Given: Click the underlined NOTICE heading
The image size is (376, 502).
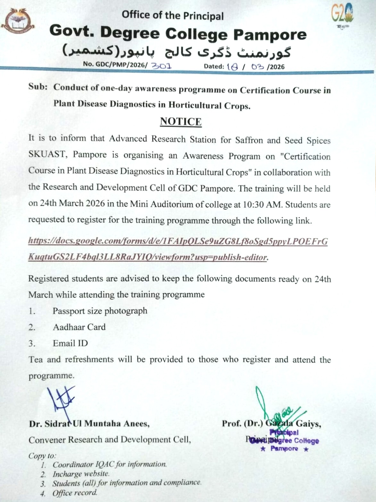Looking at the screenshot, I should point(181,121).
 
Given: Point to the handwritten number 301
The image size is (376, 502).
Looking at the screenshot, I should point(161,66).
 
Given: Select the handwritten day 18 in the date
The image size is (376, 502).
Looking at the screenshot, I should point(232,66).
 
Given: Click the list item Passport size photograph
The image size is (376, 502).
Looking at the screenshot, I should point(100,311).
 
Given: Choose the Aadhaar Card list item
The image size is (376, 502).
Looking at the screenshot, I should point(79,327).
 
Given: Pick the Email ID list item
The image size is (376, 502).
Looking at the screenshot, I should point(70,343).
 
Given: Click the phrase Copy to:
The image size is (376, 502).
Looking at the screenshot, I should point(42,455).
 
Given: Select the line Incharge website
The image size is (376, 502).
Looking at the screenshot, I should point(81,474).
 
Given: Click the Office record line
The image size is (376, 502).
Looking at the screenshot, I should point(75,493).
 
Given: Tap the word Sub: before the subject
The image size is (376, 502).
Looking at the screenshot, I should point(38,87).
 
